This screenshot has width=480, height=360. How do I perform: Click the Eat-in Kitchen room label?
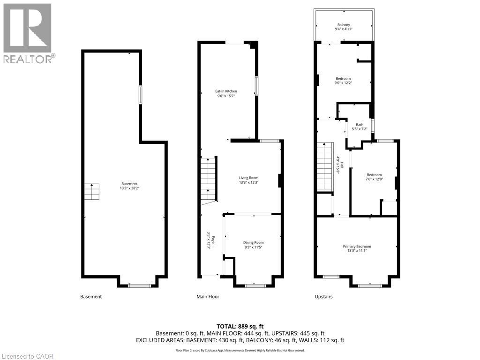tap(226, 91)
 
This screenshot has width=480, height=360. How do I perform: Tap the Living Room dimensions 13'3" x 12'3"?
tap(248, 182)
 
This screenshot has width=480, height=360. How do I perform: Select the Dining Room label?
tap(254, 242)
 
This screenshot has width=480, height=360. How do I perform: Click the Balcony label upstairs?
tap(344, 25)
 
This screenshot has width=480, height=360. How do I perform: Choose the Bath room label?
tap(360, 125)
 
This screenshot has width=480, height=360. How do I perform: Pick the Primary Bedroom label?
tap(357, 247)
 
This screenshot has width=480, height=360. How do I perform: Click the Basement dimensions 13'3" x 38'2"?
tap(129, 188)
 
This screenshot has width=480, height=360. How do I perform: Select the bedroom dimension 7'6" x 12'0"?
tap(375, 179)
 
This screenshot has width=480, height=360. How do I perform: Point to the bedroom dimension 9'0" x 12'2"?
tap(343, 82)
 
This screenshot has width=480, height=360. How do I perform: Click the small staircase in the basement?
tap(92, 192)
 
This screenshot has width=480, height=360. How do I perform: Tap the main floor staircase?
tap(209, 180)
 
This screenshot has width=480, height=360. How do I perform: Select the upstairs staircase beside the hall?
tap(325, 166)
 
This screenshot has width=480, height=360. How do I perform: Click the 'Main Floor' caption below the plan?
tap(208, 296)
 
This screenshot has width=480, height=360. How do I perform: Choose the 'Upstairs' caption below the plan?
tap(323, 297)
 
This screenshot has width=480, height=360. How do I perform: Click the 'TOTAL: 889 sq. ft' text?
tap(240, 326)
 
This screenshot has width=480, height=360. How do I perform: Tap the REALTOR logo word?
tap(28, 59)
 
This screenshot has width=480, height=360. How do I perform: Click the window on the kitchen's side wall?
tap(256, 86)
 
